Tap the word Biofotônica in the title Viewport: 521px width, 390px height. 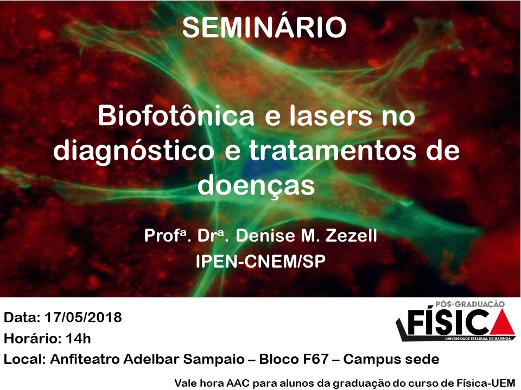(x=176, y=116)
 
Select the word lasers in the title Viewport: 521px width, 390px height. (x=331, y=116)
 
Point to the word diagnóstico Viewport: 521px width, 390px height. (x=134, y=152)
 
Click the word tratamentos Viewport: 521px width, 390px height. (x=333, y=151)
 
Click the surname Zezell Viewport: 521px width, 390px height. (x=351, y=236)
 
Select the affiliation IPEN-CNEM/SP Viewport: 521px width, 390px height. (x=260, y=261)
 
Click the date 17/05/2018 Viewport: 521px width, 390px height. (x=83, y=317)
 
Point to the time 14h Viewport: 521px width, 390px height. (x=78, y=339)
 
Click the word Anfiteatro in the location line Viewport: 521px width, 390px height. (x=85, y=359)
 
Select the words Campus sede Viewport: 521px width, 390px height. (x=391, y=359)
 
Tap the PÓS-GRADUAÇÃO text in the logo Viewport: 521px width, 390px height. (x=470, y=304)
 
